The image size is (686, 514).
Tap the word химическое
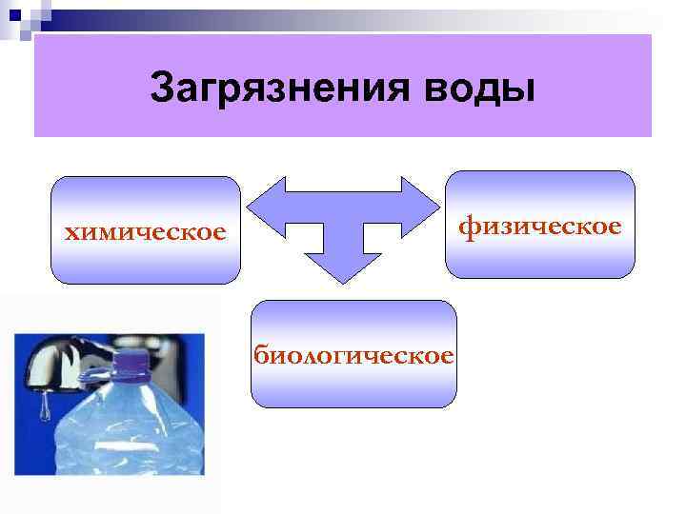(145, 232)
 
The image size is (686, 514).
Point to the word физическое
(540, 227)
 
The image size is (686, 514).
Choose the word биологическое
(353, 356)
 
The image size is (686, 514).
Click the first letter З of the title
(163, 89)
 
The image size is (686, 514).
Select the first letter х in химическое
(70, 233)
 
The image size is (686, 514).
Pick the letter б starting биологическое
(259, 356)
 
